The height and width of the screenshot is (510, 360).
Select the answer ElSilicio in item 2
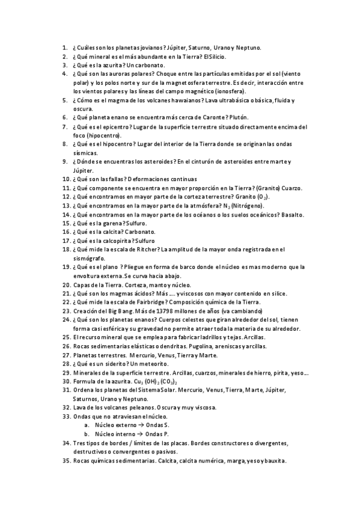pos(215,57)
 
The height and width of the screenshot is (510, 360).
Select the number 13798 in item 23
pos(169,311)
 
